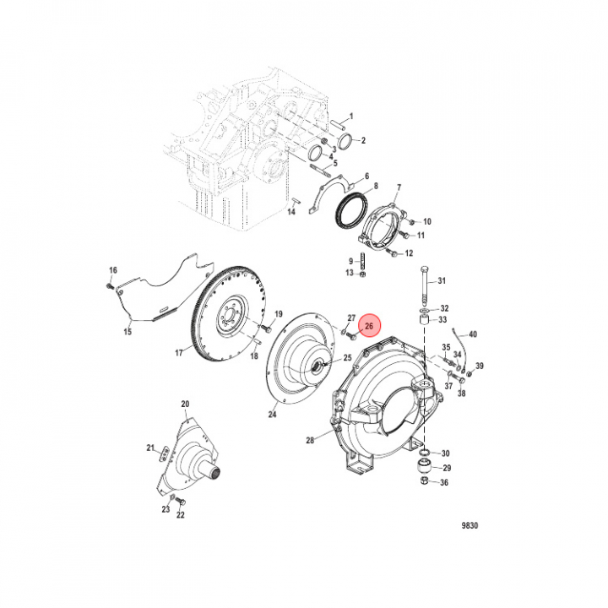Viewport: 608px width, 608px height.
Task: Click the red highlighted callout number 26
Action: tap(369, 326)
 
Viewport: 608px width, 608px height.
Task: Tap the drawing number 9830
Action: tap(470, 525)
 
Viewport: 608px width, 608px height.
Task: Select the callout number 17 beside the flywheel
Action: tap(179, 353)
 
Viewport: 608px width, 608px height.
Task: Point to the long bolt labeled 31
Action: tap(425, 285)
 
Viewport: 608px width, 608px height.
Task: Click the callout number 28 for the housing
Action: tap(310, 440)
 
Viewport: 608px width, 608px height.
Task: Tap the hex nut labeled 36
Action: tap(424, 481)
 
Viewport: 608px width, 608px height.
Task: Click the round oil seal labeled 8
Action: tap(350, 209)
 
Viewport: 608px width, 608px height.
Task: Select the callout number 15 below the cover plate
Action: tap(128, 332)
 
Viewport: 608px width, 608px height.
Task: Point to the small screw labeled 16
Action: tap(109, 286)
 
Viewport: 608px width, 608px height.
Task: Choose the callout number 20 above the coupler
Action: tap(185, 404)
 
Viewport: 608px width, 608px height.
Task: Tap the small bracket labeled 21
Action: tap(165, 454)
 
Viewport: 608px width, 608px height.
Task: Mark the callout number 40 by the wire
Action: tap(473, 334)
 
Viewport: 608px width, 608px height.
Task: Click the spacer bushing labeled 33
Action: tap(425, 322)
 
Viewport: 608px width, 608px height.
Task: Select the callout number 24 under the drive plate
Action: tap(272, 414)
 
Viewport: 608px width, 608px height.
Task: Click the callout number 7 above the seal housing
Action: tap(399, 187)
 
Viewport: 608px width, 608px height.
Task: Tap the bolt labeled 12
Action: tap(392, 253)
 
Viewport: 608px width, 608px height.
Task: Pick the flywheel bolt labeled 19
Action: tap(267, 329)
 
